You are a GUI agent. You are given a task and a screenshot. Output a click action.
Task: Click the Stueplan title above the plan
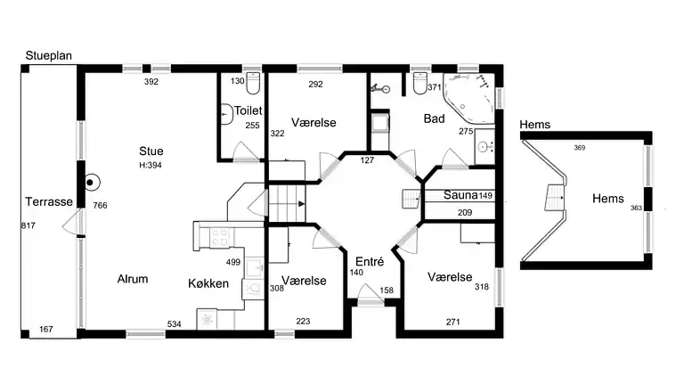click(48, 56)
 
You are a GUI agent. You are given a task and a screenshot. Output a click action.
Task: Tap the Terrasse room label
click(49, 202)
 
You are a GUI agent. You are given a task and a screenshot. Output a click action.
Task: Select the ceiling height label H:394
click(151, 166)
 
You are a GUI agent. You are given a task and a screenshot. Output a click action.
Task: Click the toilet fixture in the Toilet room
click(253, 83)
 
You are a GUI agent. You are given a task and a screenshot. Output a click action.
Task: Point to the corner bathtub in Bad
click(469, 97)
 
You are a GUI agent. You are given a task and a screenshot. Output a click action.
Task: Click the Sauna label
click(460, 195)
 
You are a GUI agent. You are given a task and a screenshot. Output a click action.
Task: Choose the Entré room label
click(370, 262)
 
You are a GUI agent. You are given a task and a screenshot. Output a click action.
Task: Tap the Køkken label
click(208, 283)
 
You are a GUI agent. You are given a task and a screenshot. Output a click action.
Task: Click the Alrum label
click(133, 279)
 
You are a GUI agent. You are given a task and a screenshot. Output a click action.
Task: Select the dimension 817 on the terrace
click(28, 226)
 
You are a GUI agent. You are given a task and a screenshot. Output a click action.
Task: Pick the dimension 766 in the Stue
click(100, 206)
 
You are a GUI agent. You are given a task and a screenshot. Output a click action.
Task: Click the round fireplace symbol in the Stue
click(90, 183)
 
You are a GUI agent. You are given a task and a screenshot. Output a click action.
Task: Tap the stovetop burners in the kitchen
click(219, 238)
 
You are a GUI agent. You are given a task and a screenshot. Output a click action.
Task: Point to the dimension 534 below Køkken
click(174, 324)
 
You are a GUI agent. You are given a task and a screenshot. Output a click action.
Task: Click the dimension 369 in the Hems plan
click(579, 148)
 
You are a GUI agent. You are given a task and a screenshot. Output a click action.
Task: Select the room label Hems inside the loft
click(608, 199)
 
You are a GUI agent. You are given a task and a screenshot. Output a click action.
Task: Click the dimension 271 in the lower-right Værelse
click(452, 322)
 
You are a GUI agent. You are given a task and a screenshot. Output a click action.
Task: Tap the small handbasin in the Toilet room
click(226, 114)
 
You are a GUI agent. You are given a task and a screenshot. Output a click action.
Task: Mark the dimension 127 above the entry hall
click(367, 160)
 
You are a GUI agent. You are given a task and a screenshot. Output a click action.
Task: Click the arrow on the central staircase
click(301, 204)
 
